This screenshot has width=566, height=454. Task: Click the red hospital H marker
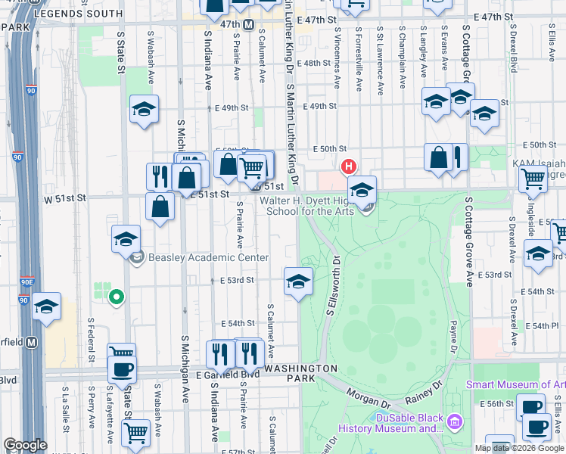click(348, 166)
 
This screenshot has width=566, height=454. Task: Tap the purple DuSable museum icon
click(454, 420)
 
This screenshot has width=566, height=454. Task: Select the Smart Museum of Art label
click(515, 384)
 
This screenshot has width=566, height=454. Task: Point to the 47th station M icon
click(248, 25)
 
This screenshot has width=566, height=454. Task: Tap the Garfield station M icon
click(32, 342)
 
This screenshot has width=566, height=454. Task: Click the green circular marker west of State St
click(115, 297)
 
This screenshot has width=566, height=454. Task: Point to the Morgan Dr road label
click(369, 395)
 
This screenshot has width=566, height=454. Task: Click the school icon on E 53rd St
click(298, 282)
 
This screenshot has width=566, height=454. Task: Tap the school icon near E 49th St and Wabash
click(144, 110)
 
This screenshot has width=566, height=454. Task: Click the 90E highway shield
click(27, 281)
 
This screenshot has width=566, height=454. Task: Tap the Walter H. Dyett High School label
click(309, 206)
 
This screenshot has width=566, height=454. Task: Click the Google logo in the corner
click(25, 445)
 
